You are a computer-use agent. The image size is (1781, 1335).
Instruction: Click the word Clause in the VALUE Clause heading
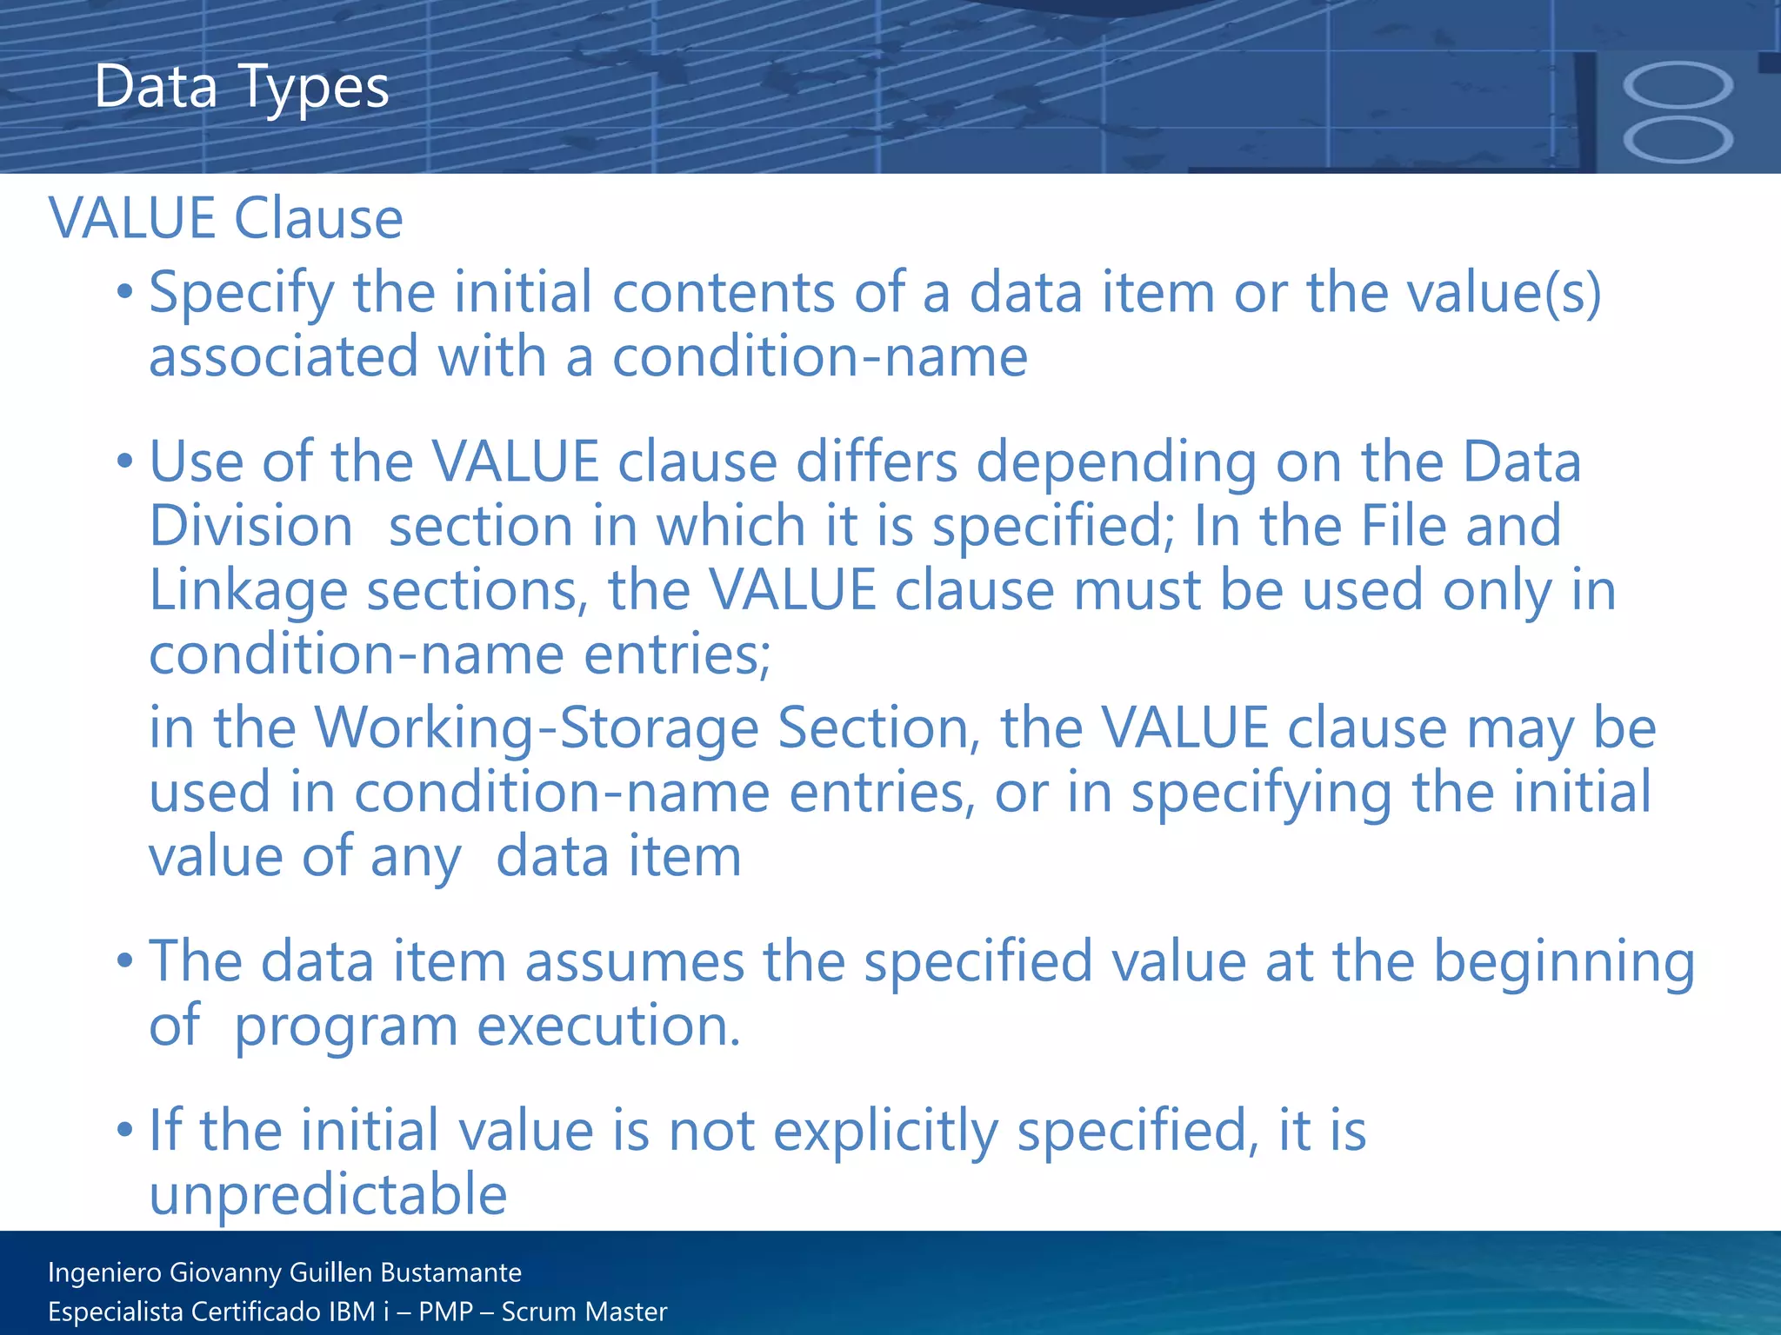(x=318, y=218)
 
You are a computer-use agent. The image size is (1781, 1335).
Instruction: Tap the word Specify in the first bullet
(x=242, y=294)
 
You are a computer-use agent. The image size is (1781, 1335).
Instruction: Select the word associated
(x=284, y=357)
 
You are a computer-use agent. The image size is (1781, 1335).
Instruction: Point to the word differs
(x=877, y=462)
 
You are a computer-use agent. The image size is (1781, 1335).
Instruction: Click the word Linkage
(x=248, y=591)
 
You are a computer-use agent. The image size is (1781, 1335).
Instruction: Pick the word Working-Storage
(x=536, y=727)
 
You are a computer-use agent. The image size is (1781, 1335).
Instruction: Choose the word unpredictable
(x=328, y=1194)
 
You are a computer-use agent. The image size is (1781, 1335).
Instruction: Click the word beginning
(x=1564, y=963)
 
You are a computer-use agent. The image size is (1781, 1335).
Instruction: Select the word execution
(x=609, y=1026)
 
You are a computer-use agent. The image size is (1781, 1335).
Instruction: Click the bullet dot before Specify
(x=125, y=293)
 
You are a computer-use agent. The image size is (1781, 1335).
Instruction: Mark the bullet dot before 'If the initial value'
(x=125, y=1131)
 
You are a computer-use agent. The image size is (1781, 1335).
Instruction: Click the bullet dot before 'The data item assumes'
(x=125, y=962)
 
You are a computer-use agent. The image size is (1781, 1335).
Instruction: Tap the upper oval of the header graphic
(x=1678, y=85)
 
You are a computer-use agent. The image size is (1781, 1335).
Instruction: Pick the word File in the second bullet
(x=1404, y=527)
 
